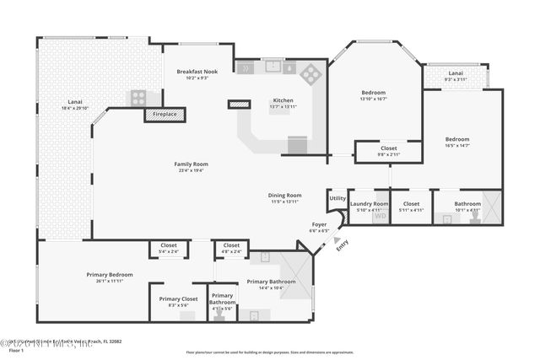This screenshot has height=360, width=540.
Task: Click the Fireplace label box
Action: [165, 114]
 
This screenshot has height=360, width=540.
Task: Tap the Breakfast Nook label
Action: [197, 72]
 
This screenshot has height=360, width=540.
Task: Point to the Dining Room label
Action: [284, 195]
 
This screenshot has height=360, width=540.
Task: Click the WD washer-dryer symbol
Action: [380, 217]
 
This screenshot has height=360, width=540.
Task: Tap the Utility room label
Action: [337, 198]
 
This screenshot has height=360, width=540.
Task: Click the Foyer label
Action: [319, 225]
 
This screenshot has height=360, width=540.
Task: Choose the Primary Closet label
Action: [178, 298]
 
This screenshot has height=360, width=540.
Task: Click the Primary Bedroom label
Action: [110, 275]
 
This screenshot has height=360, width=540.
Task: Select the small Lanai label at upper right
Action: [455, 73]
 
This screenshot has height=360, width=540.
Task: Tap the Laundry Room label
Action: [369, 204]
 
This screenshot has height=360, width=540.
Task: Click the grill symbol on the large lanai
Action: [138, 97]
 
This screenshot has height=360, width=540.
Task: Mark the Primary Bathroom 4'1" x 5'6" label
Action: [222, 298]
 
